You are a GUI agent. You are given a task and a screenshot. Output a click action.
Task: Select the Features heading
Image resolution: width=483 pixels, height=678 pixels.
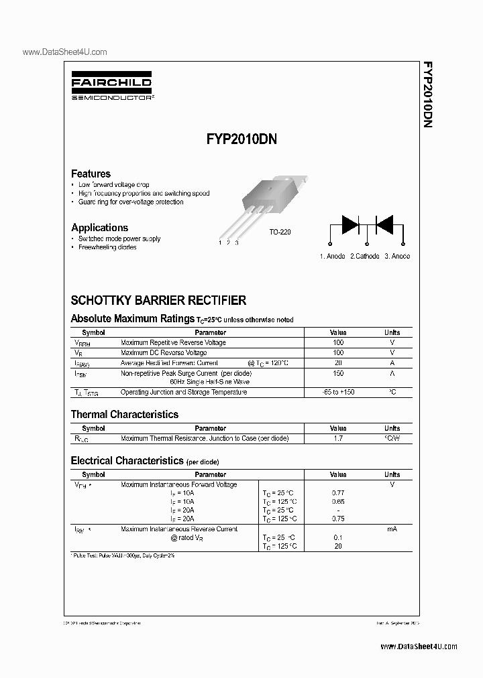(91, 174)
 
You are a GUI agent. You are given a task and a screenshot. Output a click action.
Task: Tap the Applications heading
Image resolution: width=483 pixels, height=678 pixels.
(99, 228)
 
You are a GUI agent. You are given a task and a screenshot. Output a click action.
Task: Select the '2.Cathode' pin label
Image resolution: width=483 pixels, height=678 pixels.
(364, 257)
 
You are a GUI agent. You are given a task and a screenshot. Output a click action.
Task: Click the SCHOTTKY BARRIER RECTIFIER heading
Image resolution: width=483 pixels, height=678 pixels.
(158, 301)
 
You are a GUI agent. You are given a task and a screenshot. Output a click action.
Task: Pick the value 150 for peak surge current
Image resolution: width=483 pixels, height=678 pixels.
(338, 372)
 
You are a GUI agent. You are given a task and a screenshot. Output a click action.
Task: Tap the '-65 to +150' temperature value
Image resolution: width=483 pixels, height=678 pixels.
(338, 392)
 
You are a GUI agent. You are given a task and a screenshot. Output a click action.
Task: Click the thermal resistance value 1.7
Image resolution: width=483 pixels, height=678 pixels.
(338, 438)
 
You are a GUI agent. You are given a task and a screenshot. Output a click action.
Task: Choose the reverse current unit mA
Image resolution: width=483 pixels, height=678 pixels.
(392, 529)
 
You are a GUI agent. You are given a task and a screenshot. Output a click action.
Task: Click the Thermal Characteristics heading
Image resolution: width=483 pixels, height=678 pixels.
(125, 415)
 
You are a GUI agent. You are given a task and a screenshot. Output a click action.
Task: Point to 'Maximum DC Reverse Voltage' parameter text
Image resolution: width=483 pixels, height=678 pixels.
(164, 352)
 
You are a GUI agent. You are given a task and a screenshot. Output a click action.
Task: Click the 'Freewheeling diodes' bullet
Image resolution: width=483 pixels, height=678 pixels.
(107, 247)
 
